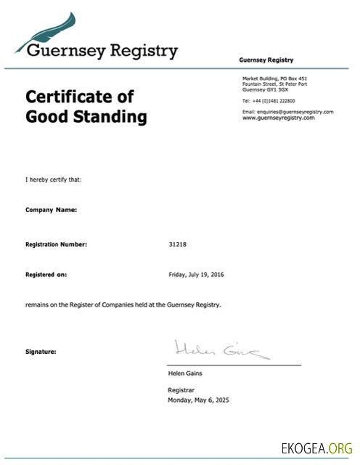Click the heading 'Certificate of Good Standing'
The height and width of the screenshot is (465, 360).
pyautogui.click(x=86, y=106)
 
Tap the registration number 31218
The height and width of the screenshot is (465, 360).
pyautogui.click(x=178, y=244)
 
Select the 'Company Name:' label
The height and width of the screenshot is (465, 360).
pyautogui.click(x=51, y=209)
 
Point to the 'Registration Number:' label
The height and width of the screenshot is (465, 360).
pyautogui.click(x=56, y=244)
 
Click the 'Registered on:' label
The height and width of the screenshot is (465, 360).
pyautogui.click(x=46, y=275)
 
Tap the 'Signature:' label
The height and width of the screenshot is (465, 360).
pyautogui.click(x=41, y=352)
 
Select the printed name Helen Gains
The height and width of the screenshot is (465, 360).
pyautogui.click(x=185, y=373)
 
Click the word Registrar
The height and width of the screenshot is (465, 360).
pyautogui.click(x=181, y=390)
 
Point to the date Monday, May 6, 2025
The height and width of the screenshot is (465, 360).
pyautogui.click(x=198, y=400)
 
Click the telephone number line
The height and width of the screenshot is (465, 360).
pyautogui.click(x=268, y=100)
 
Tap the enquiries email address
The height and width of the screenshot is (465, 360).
pyautogui.click(x=287, y=111)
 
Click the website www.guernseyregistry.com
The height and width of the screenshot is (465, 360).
pyautogui.click(x=278, y=117)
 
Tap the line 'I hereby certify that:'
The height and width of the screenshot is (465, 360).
pyautogui.click(x=53, y=179)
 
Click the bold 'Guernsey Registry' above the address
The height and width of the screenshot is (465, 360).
pyautogui.click(x=266, y=60)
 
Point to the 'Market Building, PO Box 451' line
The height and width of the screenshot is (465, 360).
pyautogui.click(x=274, y=78)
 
